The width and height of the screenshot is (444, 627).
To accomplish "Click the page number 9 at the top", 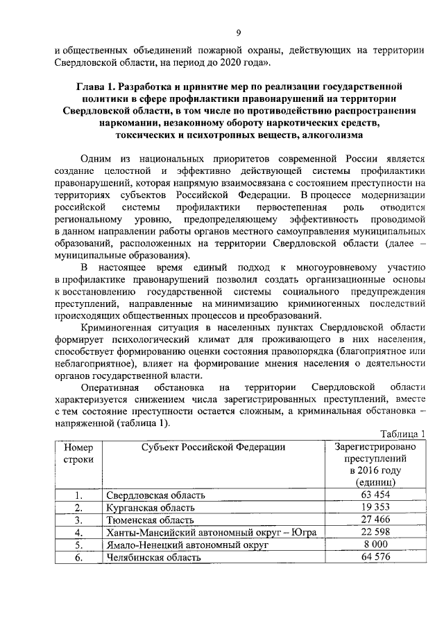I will pos(238,33).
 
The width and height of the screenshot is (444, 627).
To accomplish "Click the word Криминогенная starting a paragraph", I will pos(114,327).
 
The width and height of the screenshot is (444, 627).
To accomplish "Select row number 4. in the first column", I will pos(79,532).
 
